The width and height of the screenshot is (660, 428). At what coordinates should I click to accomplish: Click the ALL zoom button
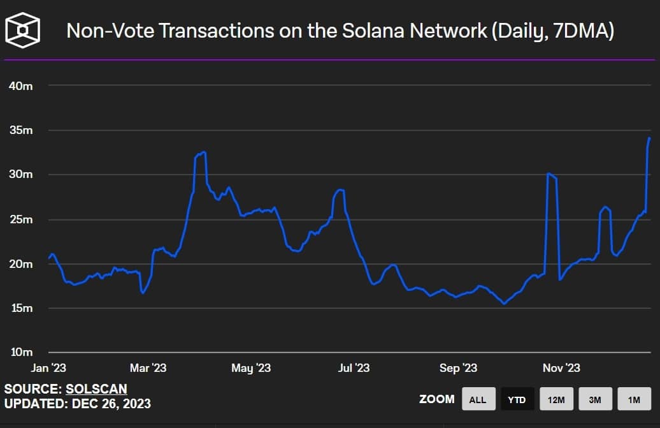(478, 399)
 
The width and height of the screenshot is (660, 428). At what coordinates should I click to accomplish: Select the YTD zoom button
(517, 399)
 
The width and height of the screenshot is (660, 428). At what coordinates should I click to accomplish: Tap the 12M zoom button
(556, 399)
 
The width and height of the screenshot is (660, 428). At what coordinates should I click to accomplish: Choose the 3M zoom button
(595, 399)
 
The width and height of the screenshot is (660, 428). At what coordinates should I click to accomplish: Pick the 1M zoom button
(634, 399)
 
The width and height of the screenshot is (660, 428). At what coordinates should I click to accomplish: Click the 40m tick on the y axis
(21, 85)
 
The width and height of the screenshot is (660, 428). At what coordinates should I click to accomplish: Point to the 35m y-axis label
(21, 130)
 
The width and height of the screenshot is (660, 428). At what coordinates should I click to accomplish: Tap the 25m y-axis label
(21, 219)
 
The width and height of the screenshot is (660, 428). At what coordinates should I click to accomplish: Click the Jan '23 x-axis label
(48, 368)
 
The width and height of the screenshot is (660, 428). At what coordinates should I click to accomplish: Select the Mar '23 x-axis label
(148, 368)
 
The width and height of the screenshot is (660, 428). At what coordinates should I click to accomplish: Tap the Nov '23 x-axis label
(561, 368)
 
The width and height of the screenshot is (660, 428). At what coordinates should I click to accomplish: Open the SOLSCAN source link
(96, 388)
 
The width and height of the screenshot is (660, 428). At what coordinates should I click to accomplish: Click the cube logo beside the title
(23, 29)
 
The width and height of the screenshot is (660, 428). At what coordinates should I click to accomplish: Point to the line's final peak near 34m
(649, 138)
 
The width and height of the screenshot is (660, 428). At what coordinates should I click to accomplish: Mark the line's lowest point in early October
(504, 304)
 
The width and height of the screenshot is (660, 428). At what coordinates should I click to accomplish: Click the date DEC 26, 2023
(111, 404)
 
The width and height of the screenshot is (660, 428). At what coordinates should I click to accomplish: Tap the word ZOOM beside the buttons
(437, 399)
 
